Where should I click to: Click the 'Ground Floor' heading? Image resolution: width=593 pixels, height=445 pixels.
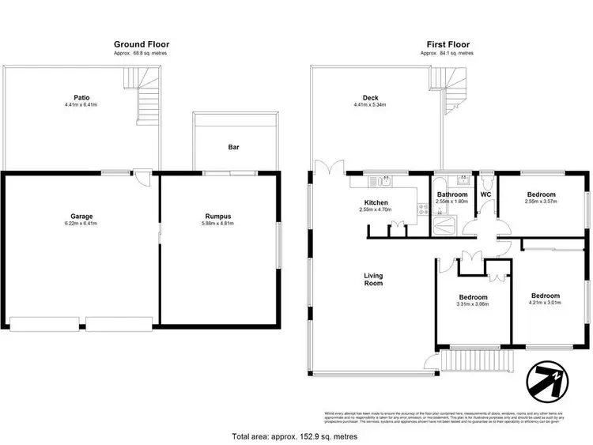click(142, 44)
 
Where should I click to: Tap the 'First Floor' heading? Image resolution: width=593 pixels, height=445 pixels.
click(447, 44)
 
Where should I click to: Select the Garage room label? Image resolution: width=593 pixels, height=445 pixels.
click(81, 216)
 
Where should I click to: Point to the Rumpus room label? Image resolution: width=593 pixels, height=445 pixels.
click(217, 216)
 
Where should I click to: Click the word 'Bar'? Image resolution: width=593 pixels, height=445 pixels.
click(234, 147)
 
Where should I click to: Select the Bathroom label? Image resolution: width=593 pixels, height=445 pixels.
click(452, 194)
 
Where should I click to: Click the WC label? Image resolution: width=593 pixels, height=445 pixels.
click(486, 194)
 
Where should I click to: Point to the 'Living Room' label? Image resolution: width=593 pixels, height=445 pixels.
click(373, 280)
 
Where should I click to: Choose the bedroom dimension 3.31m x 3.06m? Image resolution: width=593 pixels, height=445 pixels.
click(473, 304)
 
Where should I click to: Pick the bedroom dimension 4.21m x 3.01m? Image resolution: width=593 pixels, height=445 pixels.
click(546, 301)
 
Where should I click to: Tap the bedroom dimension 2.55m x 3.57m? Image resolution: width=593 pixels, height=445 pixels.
click(542, 202)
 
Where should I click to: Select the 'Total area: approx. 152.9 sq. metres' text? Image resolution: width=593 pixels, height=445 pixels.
click(294, 436)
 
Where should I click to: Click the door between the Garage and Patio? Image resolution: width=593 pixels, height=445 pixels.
click(142, 177)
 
